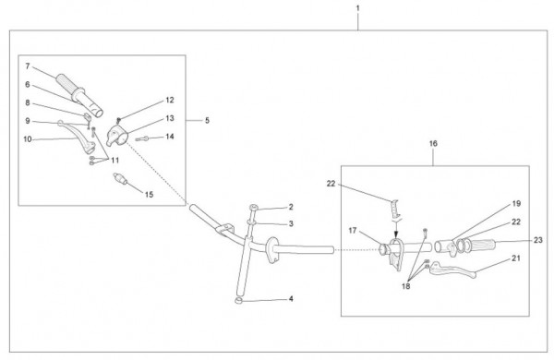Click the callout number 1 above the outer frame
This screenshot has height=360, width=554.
coord(358,7)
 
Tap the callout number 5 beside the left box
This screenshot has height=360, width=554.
coord(207,121)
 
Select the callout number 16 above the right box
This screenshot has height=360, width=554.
coord(433,143)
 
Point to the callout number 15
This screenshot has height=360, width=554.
coord(149,195)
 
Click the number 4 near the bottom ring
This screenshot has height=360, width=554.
coord(291,299)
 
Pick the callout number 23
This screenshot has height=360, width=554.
coord(537,240)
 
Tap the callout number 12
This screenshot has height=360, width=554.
coord(170,100)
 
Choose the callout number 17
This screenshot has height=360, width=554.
coord(353,231)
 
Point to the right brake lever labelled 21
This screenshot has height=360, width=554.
coord(452,270)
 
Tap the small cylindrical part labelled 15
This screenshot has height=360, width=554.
coord(120,179)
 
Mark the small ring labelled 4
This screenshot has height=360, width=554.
coord(239,301)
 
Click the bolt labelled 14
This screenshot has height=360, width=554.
coord(142,138)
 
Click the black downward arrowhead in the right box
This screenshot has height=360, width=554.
coord(396,234)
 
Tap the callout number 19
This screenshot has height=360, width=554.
coord(516,204)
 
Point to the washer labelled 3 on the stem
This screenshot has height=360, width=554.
coord(250,222)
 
